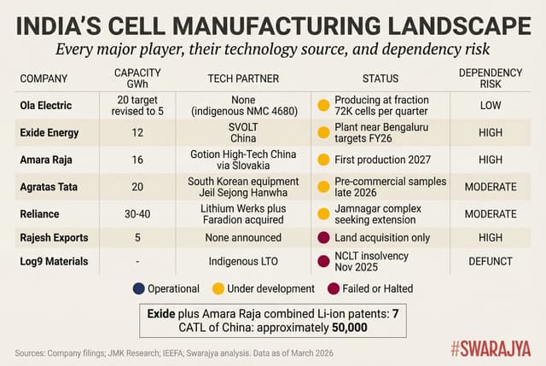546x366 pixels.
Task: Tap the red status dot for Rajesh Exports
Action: click(x=324, y=238)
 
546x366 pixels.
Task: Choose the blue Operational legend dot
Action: click(x=138, y=288)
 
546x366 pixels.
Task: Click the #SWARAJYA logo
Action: click(x=488, y=350)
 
